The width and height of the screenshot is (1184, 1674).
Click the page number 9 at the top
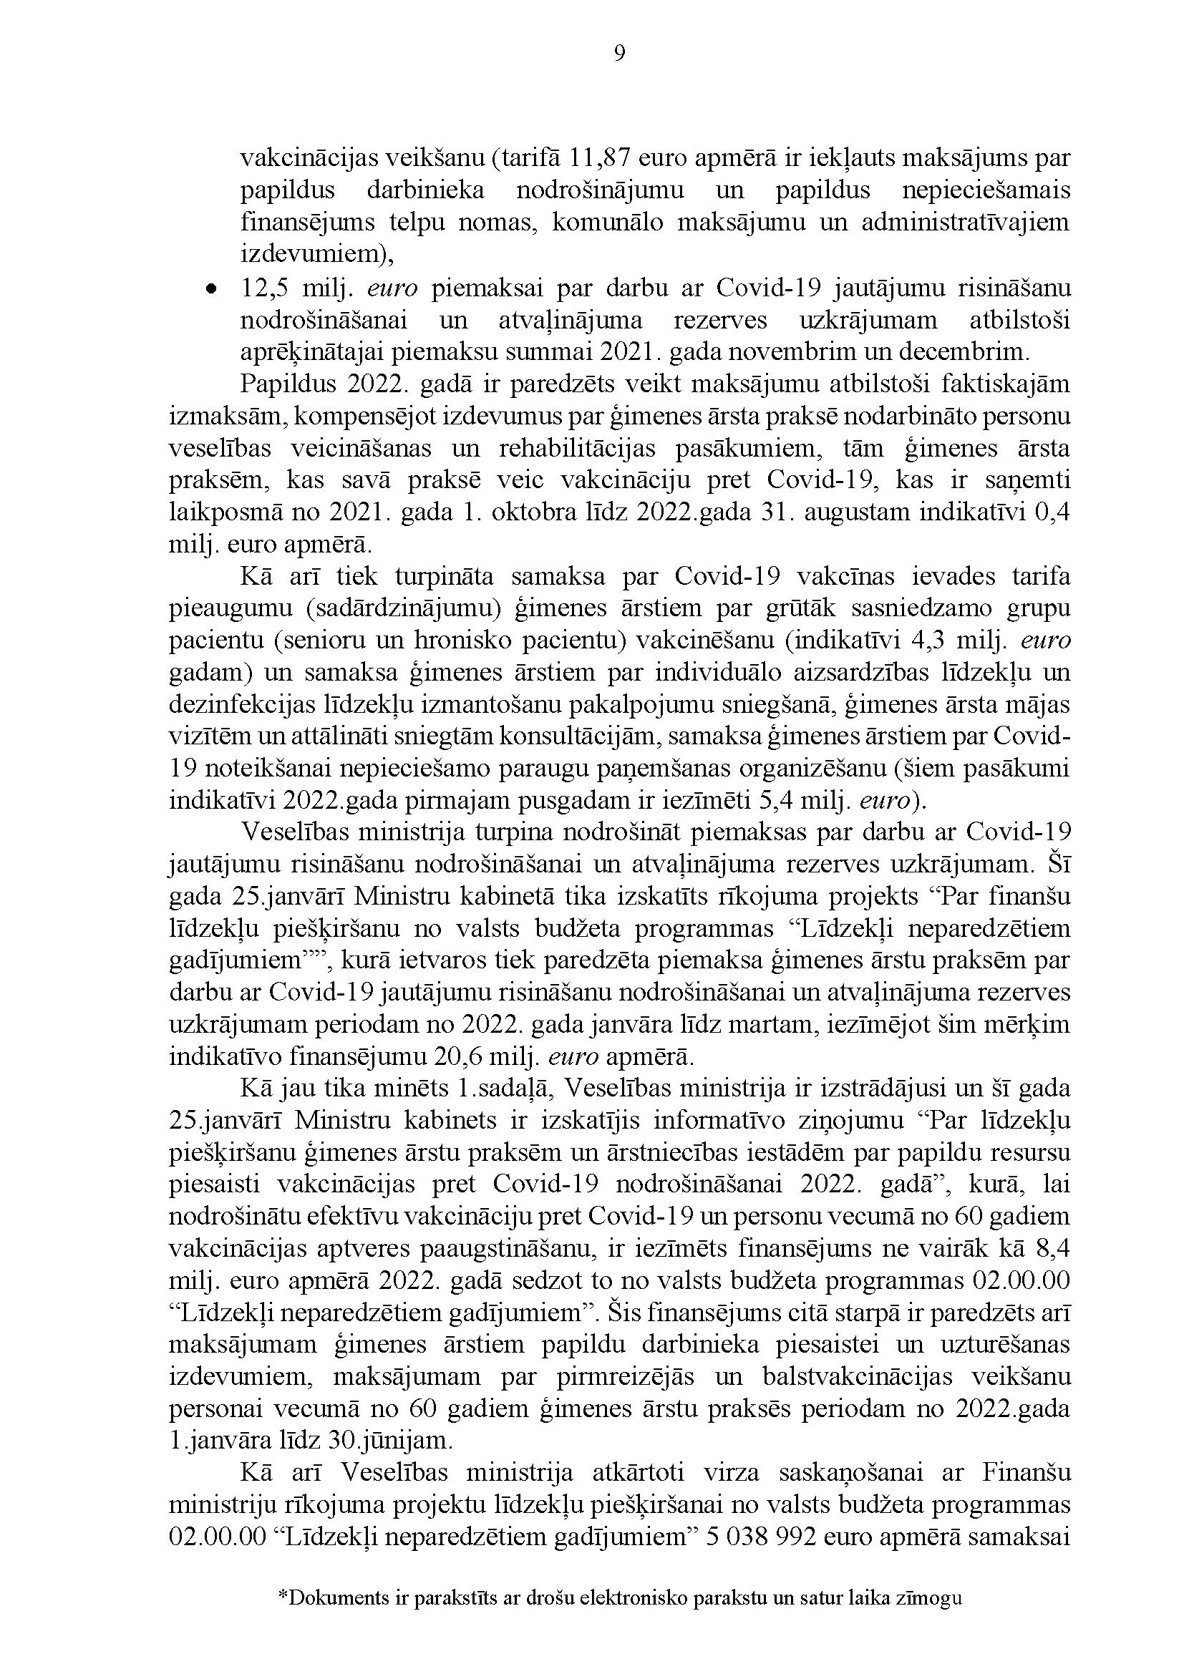click(619, 54)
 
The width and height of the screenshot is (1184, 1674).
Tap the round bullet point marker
click(210, 289)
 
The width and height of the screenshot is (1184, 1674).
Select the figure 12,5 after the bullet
click(264, 288)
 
